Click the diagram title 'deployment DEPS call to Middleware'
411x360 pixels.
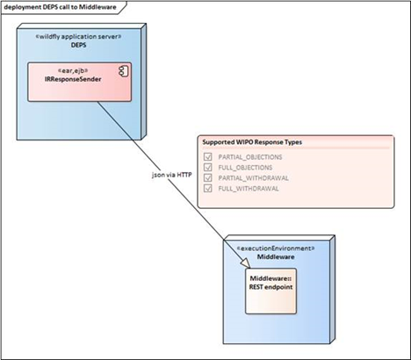pos(60,7)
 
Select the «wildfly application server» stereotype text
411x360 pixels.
pos(78,37)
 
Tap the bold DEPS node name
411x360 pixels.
pos(78,45)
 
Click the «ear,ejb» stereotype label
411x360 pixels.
pos(73,70)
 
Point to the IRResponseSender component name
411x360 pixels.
pos(73,79)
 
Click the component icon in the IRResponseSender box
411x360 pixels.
pos(124,72)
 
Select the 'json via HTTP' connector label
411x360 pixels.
pos(172,175)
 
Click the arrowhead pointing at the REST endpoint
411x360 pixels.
pos(246,263)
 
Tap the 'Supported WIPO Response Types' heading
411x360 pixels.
pos(252,142)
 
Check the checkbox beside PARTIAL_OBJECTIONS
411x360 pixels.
pos(208,156)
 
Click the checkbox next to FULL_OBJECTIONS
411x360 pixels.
pos(208,167)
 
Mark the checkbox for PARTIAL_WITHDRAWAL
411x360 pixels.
pos(208,177)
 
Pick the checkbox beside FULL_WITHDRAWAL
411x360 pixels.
pos(208,188)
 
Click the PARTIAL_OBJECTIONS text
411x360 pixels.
pos(250,157)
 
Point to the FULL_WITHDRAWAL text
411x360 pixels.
pos(249,189)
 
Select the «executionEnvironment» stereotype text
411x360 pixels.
pos(276,248)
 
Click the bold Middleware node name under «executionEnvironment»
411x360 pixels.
pos(276,257)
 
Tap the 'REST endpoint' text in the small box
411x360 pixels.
pos(270,287)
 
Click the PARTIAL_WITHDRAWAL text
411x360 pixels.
pos(254,178)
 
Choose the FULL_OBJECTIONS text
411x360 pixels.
pos(245,168)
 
